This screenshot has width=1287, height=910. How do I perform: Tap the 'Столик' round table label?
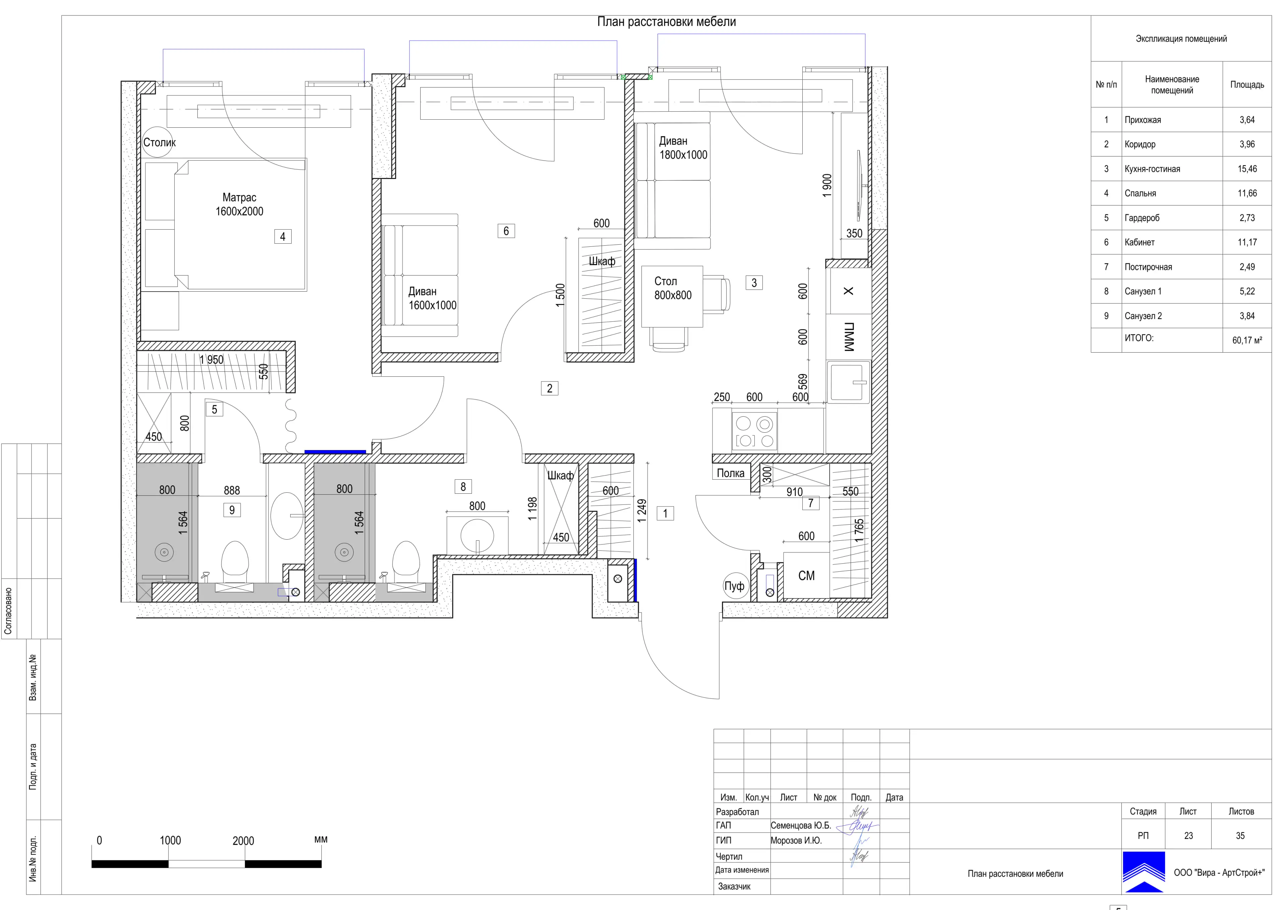(x=159, y=142)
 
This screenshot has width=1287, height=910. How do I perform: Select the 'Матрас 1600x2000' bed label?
(x=239, y=204)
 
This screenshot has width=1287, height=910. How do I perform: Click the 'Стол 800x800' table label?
(x=673, y=288)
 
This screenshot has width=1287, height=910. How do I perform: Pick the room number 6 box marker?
(x=506, y=231)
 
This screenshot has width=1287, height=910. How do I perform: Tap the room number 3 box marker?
(x=754, y=283)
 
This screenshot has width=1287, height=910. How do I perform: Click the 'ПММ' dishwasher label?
(x=849, y=337)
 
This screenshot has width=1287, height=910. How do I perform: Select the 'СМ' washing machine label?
(x=806, y=576)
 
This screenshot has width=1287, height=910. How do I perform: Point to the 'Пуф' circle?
(x=735, y=586)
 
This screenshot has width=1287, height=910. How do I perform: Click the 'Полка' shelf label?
(x=730, y=473)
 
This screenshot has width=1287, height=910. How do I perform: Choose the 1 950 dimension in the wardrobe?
(x=211, y=360)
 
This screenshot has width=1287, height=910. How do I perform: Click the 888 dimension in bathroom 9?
(x=232, y=491)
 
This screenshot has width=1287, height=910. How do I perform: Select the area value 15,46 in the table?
(x=1247, y=169)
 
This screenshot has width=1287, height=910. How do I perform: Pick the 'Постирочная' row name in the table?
(x=1148, y=267)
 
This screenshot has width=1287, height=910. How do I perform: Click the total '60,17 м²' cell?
(x=1247, y=340)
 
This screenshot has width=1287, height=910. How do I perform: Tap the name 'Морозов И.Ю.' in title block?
(x=796, y=841)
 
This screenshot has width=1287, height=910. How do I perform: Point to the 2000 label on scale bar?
(x=243, y=841)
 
